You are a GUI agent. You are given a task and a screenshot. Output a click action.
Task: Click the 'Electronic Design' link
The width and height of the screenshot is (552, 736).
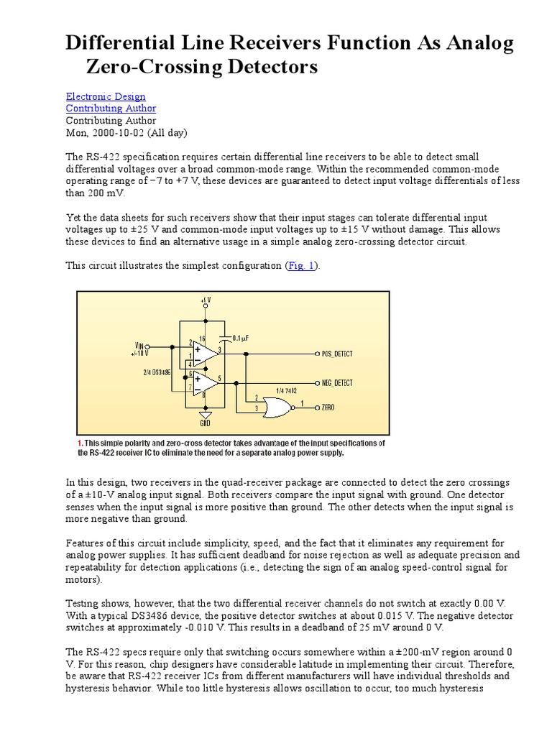click(106, 96)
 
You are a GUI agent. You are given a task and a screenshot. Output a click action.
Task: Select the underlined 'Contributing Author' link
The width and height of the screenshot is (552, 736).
click(111, 109)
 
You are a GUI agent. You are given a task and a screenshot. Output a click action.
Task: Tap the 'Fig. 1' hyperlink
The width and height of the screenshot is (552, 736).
click(301, 266)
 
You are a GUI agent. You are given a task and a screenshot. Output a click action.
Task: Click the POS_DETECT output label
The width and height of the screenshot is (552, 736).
click(337, 354)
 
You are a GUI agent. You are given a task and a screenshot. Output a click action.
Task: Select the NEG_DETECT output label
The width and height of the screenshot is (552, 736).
click(338, 383)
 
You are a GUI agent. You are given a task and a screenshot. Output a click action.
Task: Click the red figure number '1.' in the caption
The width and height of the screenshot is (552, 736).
click(80, 443)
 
